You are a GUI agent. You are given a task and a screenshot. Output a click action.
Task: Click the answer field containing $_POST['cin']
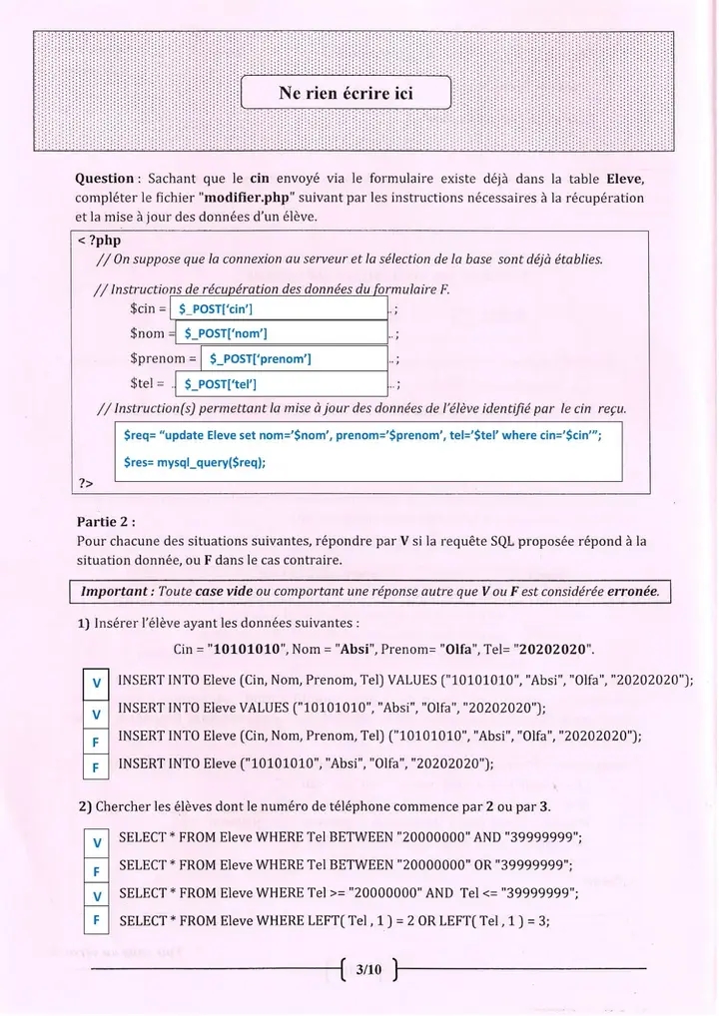pos(279,308)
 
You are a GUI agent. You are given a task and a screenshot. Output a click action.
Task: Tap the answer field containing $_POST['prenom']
pos(294,358)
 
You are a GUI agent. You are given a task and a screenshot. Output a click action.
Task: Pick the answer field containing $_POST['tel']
pos(280,383)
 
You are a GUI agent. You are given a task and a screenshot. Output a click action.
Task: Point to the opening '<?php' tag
pos(98,242)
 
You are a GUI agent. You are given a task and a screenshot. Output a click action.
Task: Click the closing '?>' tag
pos(86,484)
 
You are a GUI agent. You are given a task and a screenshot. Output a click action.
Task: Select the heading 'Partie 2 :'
pos(106,521)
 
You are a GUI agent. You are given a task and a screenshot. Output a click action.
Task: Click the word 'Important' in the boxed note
pos(113,591)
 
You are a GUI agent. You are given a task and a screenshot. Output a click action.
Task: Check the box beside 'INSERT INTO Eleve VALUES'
pos(96,715)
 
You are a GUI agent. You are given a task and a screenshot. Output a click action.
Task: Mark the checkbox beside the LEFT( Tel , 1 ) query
pos(96,922)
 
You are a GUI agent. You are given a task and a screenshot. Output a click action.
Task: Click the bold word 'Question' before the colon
pos(105,179)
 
